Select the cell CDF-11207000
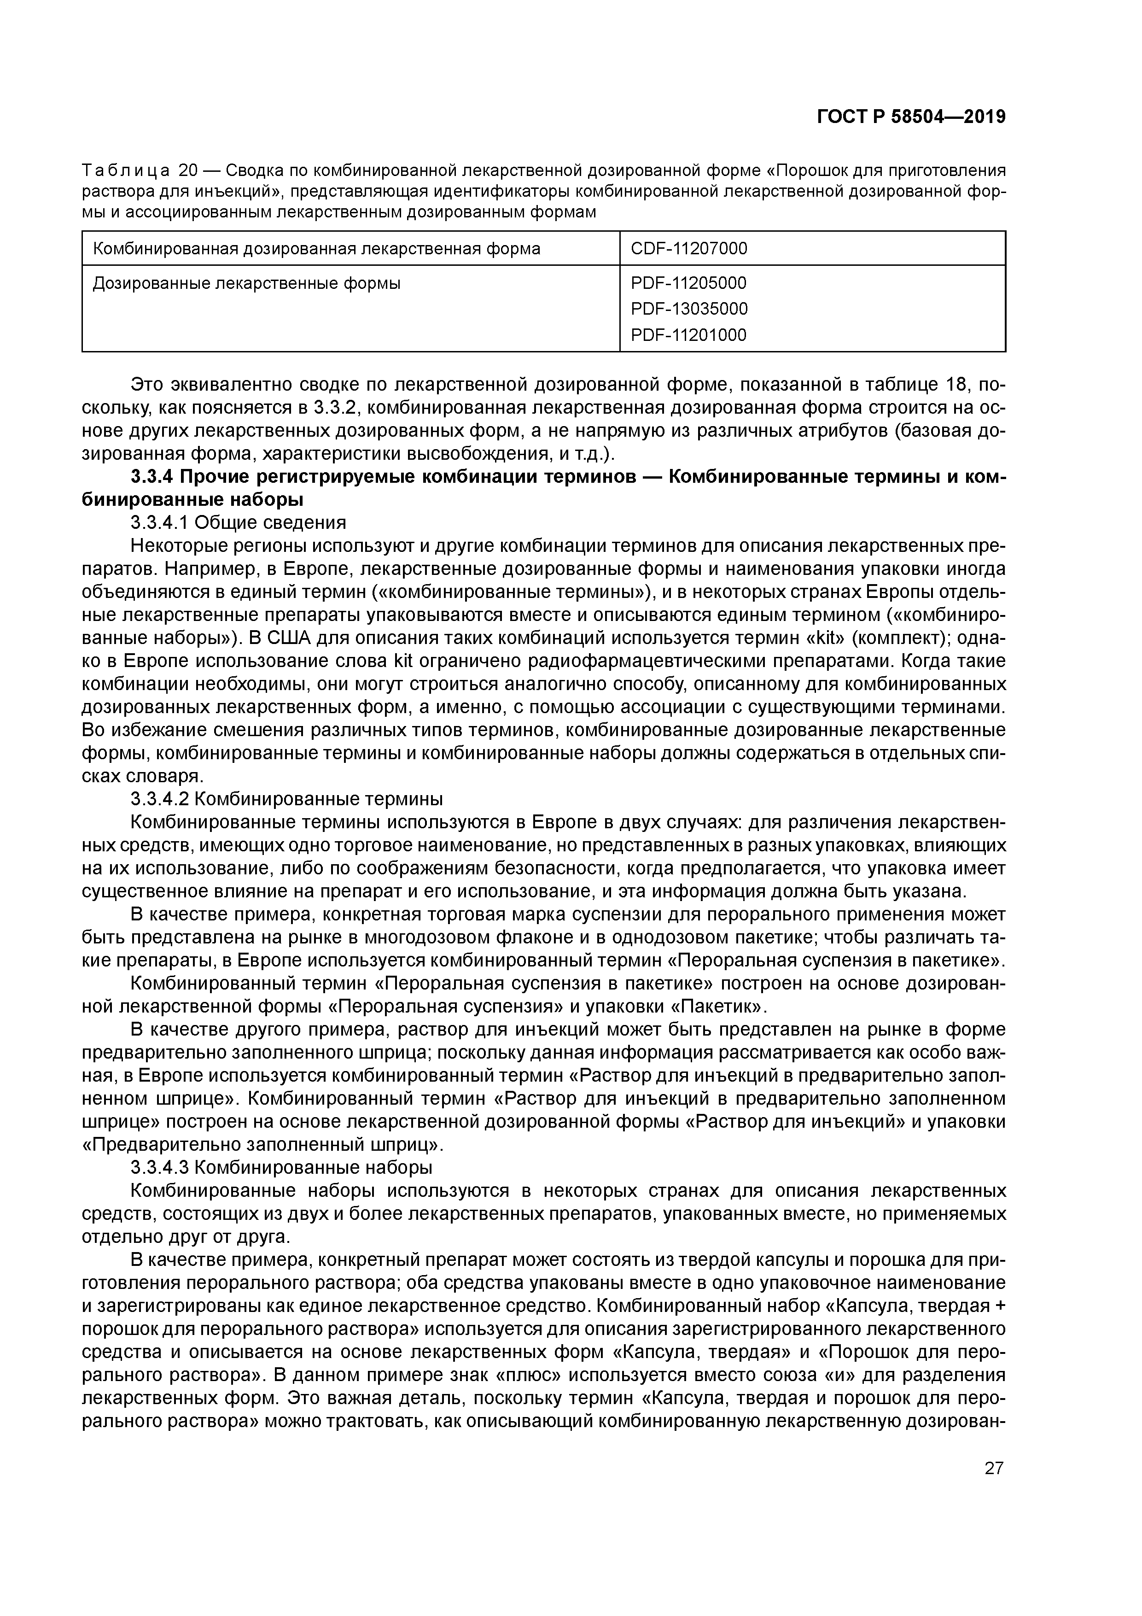[x=689, y=248]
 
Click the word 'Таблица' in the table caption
[x=125, y=170]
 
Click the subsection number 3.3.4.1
[x=160, y=522]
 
